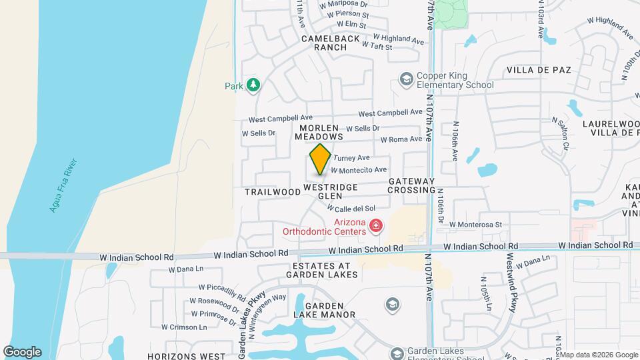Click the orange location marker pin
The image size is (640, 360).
click(x=321, y=159)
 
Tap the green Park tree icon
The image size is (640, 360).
click(x=253, y=85)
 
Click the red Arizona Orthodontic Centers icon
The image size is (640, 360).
click(x=376, y=227)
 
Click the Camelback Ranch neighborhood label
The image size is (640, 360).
click(x=331, y=43)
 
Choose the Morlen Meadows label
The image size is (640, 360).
click(x=319, y=131)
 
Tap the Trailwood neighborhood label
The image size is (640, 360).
click(x=273, y=192)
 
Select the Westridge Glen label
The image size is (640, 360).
click(x=331, y=191)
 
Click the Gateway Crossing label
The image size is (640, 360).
click(x=411, y=185)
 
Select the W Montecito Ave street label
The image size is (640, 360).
click(x=359, y=170)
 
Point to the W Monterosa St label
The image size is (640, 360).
click(x=475, y=225)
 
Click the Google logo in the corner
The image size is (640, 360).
click(x=22, y=352)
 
